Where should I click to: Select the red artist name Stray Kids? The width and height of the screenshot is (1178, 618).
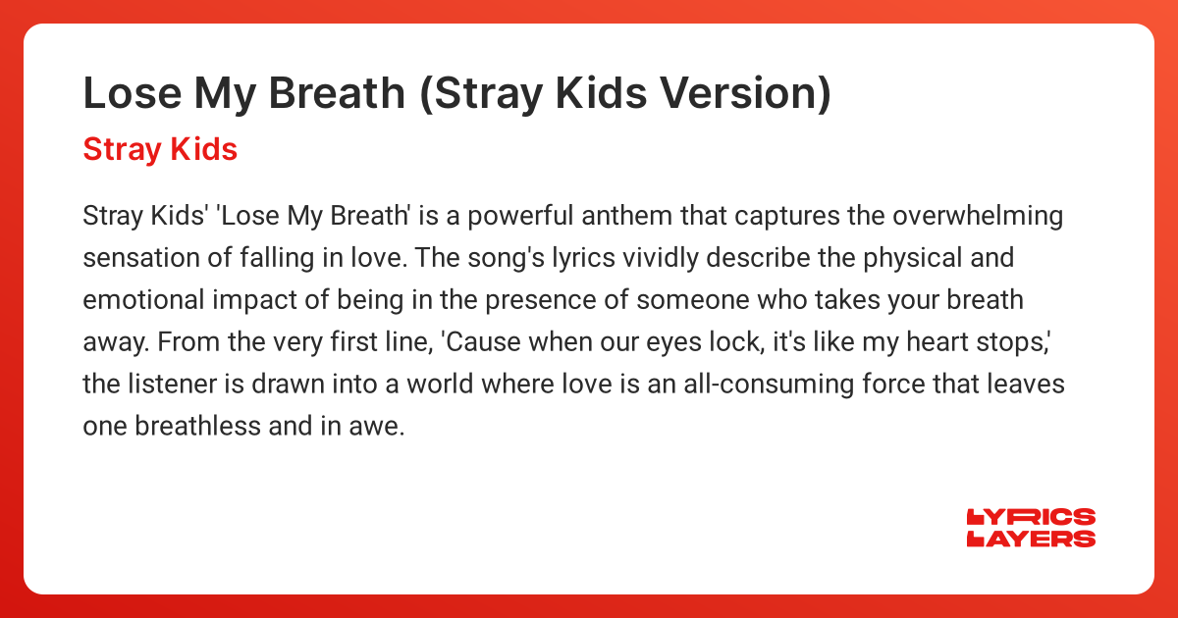pyautogui.click(x=160, y=149)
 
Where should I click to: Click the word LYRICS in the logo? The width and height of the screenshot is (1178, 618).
pyautogui.click(x=1031, y=518)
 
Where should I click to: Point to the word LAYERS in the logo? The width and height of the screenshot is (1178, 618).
pyautogui.click(x=1031, y=539)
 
